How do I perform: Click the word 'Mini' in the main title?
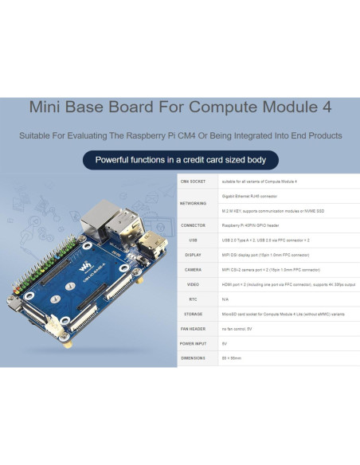pos(47,107)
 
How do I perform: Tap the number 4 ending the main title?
pos(327,107)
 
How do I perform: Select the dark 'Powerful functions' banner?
pos(180,159)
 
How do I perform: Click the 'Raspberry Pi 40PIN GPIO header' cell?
pos(255,225)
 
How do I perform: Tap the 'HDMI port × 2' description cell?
pos(287,284)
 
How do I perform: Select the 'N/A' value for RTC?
pos(225,299)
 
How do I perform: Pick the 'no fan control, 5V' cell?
pos(237,328)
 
